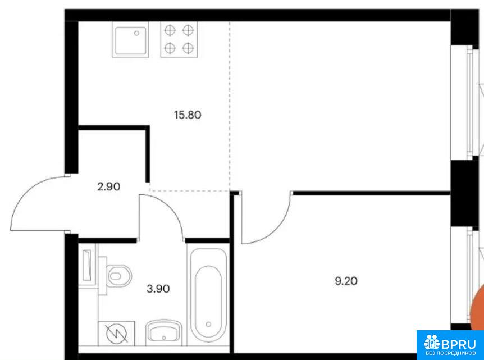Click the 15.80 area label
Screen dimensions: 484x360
point(188,115)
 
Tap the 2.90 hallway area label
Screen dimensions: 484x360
point(109,186)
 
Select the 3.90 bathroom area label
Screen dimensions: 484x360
point(158,289)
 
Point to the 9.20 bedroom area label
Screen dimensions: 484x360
point(346,281)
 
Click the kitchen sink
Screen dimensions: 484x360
point(130,40)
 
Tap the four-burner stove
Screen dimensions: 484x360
point(179,40)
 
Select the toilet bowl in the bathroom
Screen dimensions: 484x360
point(119,275)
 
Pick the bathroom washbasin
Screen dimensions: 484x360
point(163,333)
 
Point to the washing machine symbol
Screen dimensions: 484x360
point(116,334)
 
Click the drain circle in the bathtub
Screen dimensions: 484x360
point(209,324)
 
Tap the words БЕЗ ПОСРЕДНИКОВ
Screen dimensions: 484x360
point(451,353)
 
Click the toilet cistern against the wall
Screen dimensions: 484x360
point(103,276)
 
